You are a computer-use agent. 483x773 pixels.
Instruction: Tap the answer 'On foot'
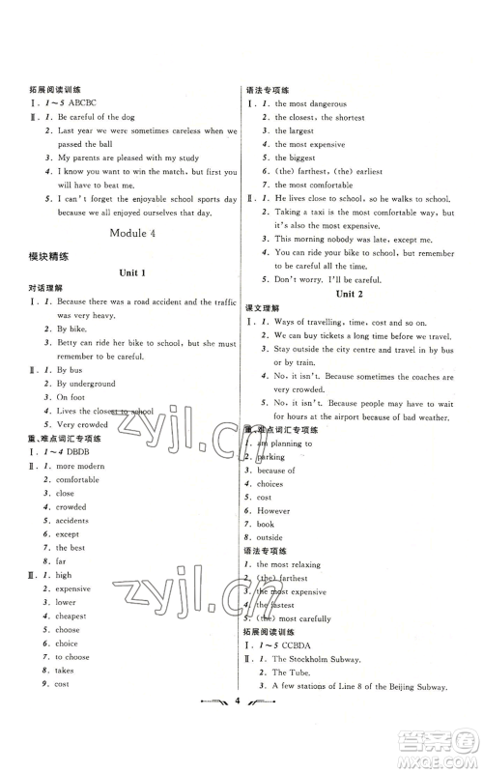click(71, 396)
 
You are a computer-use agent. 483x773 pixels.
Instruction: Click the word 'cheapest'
click(71, 616)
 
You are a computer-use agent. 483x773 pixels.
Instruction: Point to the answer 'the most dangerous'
click(310, 103)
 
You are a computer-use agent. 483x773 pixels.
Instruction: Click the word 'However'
click(273, 510)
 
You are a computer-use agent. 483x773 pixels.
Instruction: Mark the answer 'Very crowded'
click(81, 424)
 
